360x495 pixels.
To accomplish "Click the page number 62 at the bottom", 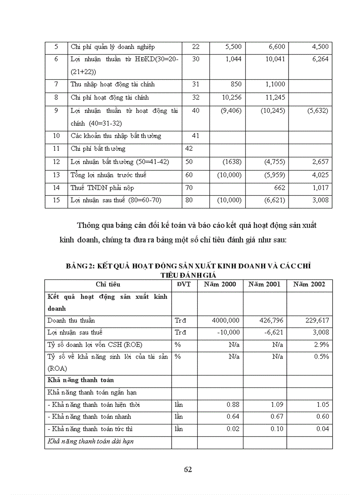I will (188, 469).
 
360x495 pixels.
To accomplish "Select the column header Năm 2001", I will (264, 284).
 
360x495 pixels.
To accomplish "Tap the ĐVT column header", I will (184, 284).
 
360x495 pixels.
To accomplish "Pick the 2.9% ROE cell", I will (322, 345).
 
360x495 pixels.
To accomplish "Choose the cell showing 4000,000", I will (225, 320).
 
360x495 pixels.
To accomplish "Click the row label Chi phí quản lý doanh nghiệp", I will (112, 47).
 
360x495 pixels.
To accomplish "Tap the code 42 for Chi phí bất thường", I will (189, 149).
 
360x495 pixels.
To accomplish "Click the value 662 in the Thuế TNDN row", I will (279, 188).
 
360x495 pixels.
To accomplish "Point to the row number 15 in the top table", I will (56, 201).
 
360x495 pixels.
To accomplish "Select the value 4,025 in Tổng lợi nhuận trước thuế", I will (320, 175).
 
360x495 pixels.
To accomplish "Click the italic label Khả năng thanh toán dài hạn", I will (90, 441).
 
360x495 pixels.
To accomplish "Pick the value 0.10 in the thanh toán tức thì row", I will (276, 429).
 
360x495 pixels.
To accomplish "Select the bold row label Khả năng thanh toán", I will (80, 380).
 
